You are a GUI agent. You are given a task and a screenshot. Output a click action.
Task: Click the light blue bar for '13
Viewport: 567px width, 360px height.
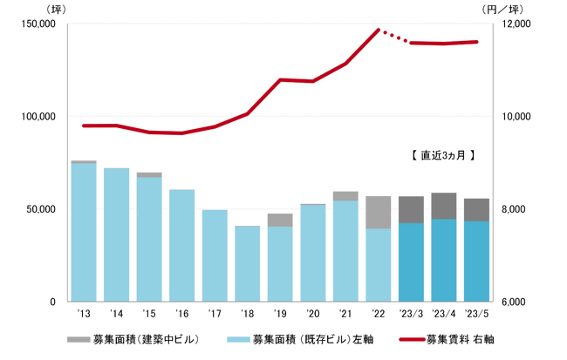tap(84, 232)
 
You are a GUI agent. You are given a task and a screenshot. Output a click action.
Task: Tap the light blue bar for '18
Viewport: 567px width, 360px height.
tap(247, 263)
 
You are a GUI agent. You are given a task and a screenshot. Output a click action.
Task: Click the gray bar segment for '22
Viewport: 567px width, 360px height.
tap(378, 213)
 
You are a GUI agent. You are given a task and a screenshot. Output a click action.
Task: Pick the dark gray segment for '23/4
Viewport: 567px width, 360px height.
tap(443, 206)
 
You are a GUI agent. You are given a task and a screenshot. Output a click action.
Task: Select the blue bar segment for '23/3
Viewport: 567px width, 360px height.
tap(411, 262)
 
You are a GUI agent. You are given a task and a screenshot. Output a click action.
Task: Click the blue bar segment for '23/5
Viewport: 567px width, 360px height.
tap(476, 261)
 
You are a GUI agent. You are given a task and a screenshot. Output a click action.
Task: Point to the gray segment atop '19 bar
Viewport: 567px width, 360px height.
tap(280, 220)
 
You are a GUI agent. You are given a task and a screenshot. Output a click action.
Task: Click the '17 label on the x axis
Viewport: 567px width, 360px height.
tap(215, 314)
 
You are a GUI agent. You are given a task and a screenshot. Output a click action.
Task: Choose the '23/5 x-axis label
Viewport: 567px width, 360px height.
tap(476, 314)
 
